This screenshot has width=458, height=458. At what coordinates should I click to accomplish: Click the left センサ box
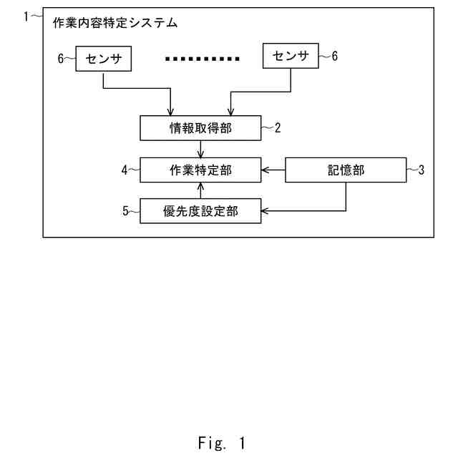click(104, 59)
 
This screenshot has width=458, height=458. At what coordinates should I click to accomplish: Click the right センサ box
click(291, 56)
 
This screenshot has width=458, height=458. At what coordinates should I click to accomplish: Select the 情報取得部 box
click(201, 128)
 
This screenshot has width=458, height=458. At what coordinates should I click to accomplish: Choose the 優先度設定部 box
click(201, 211)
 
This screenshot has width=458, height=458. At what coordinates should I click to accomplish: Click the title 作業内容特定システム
click(115, 23)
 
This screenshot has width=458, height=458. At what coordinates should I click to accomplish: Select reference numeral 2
click(278, 128)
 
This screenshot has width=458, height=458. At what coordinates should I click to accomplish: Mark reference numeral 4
click(125, 170)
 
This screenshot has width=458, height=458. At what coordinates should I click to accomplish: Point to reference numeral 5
click(125, 211)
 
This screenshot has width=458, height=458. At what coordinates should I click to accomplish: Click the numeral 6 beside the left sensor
click(62, 59)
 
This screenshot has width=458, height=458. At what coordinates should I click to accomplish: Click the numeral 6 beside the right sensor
click(333, 56)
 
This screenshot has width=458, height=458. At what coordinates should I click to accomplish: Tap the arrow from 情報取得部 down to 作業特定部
click(201, 149)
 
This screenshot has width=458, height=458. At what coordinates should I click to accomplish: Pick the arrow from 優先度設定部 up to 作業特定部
click(201, 190)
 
